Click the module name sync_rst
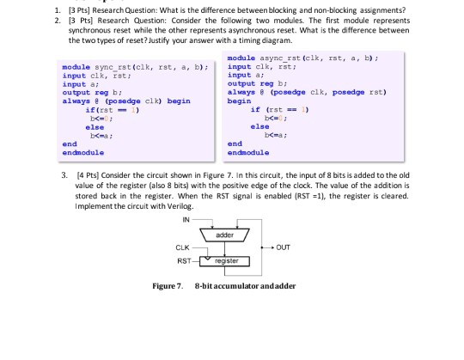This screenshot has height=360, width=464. (x=107, y=65)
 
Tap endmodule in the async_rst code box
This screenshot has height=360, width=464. (x=247, y=149)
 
